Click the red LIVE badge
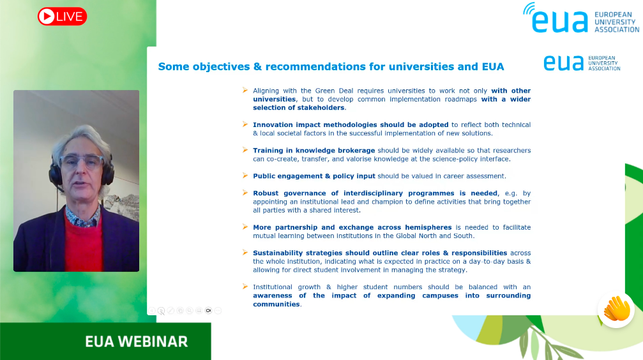tap(63, 17)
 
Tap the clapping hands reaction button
tap(616, 310)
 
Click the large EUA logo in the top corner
tap(581, 18)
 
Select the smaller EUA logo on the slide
tap(582, 63)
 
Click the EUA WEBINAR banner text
tap(136, 341)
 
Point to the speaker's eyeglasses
tap(82, 161)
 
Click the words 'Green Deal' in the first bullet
tap(334, 91)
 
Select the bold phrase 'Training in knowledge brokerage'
tap(314, 151)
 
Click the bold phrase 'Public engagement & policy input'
tap(314, 176)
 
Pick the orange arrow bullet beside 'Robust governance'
tap(245, 193)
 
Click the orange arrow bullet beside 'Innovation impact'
tap(245, 124)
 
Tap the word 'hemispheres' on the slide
tap(428, 227)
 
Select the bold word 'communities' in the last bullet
tap(276, 304)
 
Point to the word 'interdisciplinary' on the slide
tap(373, 193)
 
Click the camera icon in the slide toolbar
tap(208, 311)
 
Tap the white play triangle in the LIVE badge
tap(47, 17)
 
